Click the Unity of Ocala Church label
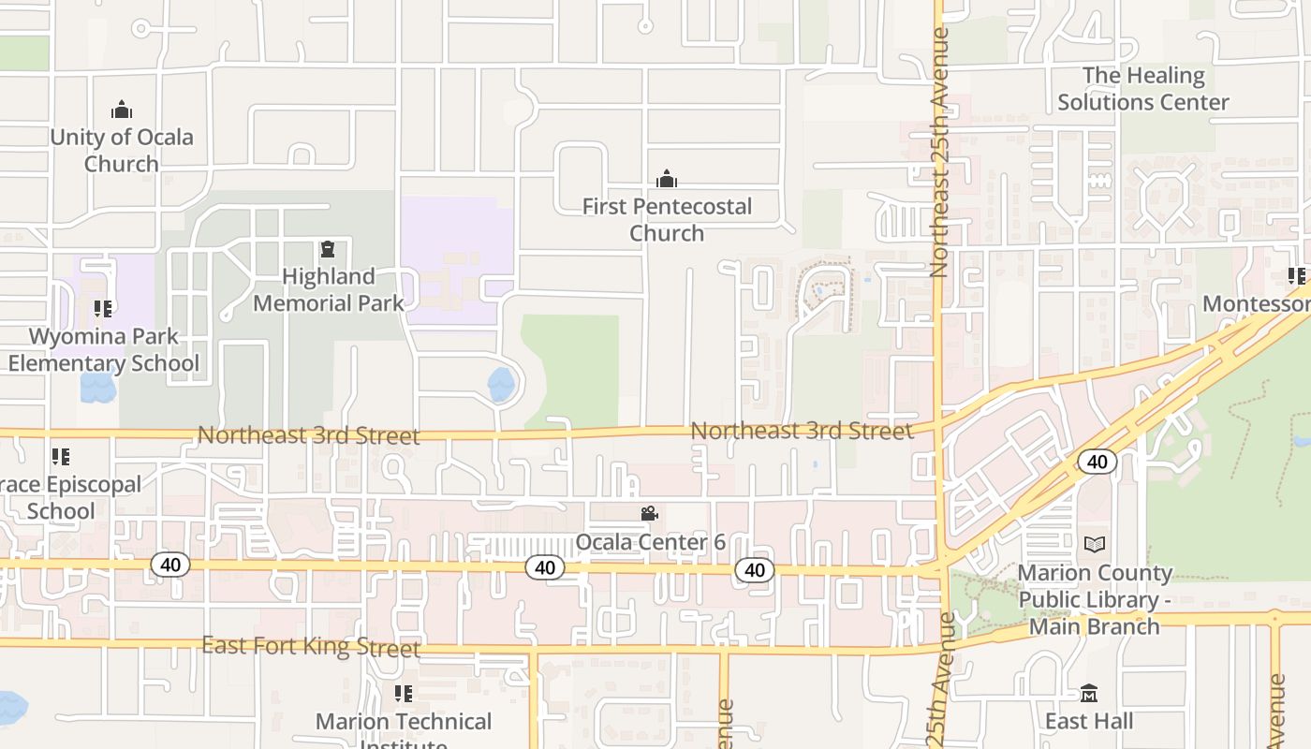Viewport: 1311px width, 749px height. tap(122, 150)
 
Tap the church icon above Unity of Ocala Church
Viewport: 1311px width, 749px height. tap(122, 110)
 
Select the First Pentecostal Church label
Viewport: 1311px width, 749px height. tap(667, 219)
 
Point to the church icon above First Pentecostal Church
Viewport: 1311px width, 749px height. tap(667, 178)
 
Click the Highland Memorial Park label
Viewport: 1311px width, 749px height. tap(329, 289)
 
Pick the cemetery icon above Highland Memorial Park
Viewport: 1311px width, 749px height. tap(328, 249)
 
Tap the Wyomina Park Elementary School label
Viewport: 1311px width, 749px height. tap(104, 349)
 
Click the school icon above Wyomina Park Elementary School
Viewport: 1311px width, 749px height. tap(103, 308)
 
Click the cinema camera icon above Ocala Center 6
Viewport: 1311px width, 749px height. tap(650, 513)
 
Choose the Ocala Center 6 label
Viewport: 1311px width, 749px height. tap(650, 542)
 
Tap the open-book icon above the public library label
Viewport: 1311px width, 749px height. tap(1095, 544)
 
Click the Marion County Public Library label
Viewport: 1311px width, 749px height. tap(1095, 599)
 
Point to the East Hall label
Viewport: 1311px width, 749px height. tap(1089, 721)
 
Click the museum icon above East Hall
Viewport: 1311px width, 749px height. tap(1089, 694)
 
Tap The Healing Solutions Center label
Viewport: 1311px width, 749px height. tap(1143, 89)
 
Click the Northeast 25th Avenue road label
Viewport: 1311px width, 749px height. tap(939, 152)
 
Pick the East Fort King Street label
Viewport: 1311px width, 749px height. tap(311, 646)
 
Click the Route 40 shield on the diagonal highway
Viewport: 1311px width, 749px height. tap(1097, 462)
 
